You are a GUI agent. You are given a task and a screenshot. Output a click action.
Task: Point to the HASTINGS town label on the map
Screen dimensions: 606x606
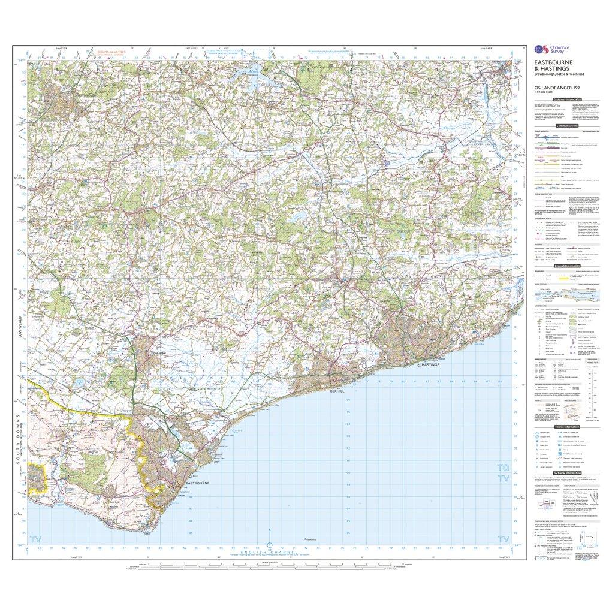click(x=431, y=364)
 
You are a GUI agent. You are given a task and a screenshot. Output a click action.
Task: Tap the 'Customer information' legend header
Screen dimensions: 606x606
click(x=566, y=99)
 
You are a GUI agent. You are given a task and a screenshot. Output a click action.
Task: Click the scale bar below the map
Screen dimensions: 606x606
click(x=270, y=567)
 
